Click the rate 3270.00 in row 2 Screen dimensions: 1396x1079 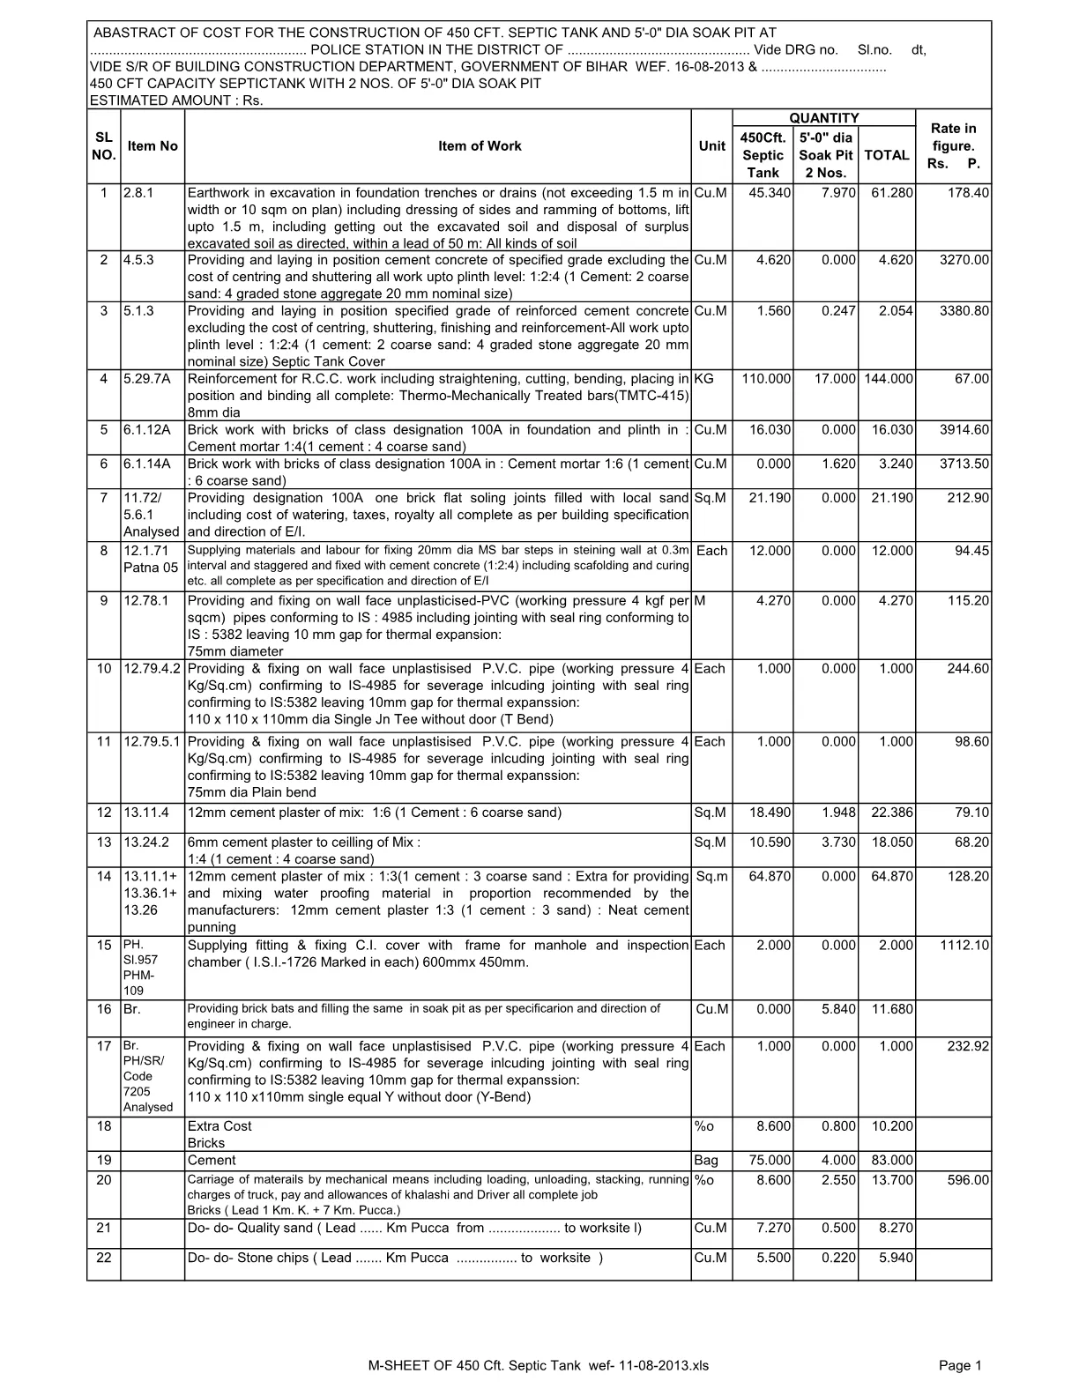pyautogui.click(x=964, y=260)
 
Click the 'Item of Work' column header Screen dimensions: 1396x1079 pyautogui.click(x=480, y=146)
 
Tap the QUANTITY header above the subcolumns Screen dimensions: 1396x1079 pyautogui.click(x=823, y=118)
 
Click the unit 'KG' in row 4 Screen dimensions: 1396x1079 pyautogui.click(x=704, y=379)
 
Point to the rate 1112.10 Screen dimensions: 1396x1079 pyautogui.click(x=964, y=946)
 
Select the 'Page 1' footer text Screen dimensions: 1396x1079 pyautogui.click(x=960, y=1366)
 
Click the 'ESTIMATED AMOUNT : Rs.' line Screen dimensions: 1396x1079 pyautogui.click(x=177, y=100)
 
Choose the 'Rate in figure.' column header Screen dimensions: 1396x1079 pyautogui.click(x=953, y=146)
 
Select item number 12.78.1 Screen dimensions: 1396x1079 pyautogui.click(x=145, y=601)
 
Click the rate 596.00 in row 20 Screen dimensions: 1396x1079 pyautogui.click(x=969, y=1180)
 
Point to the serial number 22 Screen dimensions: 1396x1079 pyautogui.click(x=103, y=1259)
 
